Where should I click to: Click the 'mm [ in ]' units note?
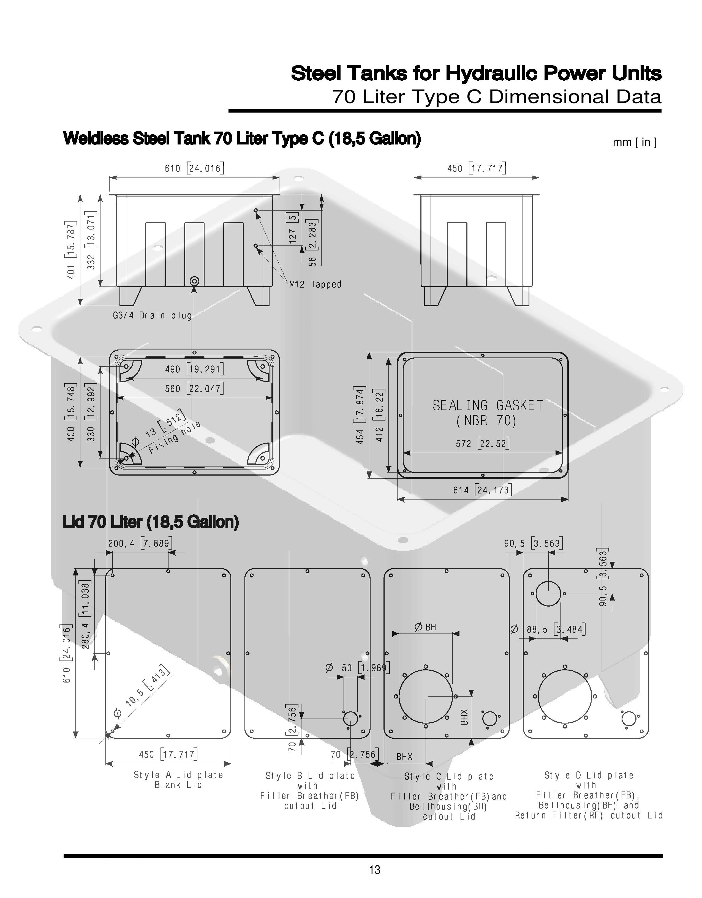click(635, 142)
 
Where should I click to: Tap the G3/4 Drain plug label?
click(153, 315)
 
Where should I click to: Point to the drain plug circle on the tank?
click(195, 281)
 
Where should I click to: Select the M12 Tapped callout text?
click(315, 284)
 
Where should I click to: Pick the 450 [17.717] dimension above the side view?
click(477, 168)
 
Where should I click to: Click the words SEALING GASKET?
click(488, 405)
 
